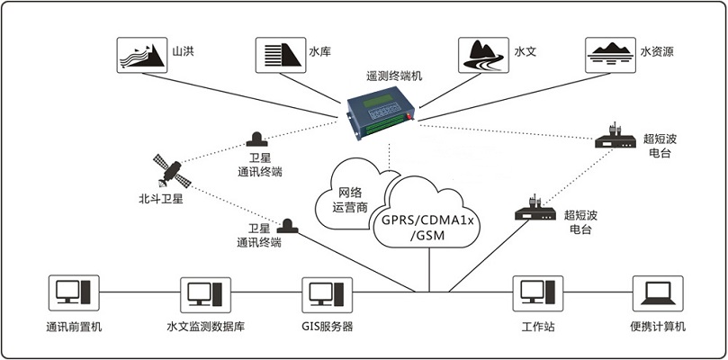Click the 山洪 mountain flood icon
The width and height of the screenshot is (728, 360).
141,55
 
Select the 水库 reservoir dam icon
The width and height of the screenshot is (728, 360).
281,55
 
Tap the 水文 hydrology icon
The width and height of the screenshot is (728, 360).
483,55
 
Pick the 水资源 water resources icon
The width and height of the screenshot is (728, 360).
610,55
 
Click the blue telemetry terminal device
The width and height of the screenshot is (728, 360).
382,112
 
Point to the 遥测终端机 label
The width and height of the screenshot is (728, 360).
394,76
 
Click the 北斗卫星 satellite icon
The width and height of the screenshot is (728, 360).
172,171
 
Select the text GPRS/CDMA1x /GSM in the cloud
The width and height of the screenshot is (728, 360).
427,228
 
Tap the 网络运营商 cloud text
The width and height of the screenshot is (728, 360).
350,199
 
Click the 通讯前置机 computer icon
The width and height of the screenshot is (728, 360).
74,292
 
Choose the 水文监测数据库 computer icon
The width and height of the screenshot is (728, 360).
205,294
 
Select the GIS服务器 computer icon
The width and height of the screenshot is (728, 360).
328,294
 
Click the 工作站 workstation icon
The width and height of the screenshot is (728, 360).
537,293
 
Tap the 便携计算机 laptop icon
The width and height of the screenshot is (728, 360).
658,293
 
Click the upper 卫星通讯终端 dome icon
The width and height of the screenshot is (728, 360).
256,139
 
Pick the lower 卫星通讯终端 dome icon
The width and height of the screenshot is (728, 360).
288,226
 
